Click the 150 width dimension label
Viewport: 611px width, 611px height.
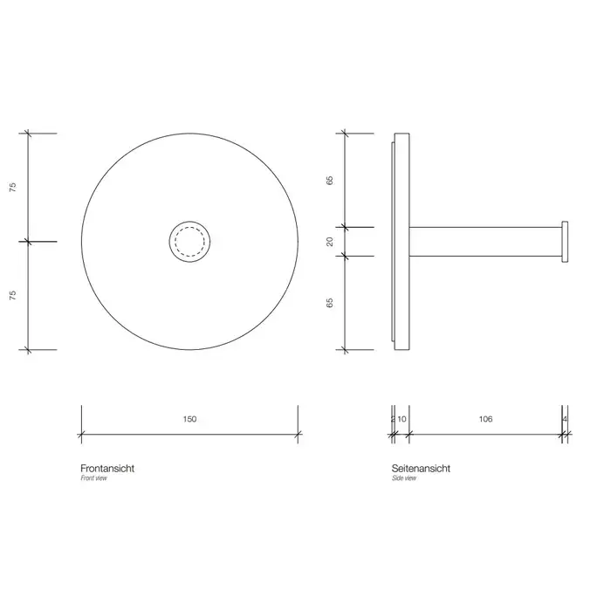coord(189,419)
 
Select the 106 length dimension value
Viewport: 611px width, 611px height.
coord(485,419)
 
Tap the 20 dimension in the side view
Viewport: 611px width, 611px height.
coord(330,242)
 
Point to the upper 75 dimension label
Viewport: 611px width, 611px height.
coord(13,188)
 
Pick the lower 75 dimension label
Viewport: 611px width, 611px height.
coord(13,295)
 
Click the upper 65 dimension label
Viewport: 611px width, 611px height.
coord(330,181)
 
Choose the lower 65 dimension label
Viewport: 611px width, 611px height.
coord(330,303)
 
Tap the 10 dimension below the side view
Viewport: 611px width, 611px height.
coord(402,419)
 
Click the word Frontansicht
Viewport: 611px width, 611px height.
coord(107,469)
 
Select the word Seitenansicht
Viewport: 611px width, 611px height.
coord(421,469)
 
